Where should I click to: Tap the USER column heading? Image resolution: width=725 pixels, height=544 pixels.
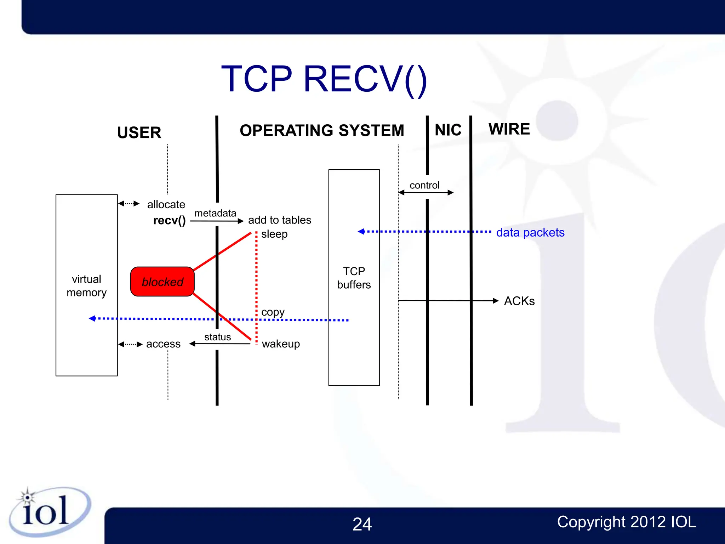click(x=139, y=133)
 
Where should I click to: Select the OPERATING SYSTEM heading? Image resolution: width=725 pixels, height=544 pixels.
click(x=322, y=130)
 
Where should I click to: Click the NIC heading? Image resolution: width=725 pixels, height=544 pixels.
click(x=448, y=130)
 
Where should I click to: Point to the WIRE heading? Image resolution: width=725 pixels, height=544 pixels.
click(x=509, y=129)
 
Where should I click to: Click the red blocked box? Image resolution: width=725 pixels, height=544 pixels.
click(x=162, y=282)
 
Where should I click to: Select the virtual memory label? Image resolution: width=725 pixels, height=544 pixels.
click(x=86, y=286)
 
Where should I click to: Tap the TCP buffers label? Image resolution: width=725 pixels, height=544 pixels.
click(x=354, y=278)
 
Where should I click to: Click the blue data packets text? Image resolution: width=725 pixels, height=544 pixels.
click(x=530, y=232)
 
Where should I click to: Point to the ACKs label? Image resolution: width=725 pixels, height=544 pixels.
click(x=519, y=301)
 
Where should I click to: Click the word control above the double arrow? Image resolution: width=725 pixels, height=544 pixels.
click(x=424, y=185)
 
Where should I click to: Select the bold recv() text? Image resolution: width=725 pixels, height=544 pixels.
click(x=169, y=220)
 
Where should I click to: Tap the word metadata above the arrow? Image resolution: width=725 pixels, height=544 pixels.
click(x=215, y=213)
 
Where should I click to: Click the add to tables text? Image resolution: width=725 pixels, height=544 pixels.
click(x=280, y=220)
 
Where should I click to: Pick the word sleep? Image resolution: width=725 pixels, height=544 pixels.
click(x=274, y=234)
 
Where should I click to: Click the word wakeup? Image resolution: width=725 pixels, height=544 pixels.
click(x=281, y=344)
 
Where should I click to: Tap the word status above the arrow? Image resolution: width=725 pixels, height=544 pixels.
click(x=217, y=337)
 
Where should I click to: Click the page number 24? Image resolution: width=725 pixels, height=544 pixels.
click(x=362, y=524)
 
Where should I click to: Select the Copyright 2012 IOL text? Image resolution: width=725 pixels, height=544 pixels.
click(x=626, y=522)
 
